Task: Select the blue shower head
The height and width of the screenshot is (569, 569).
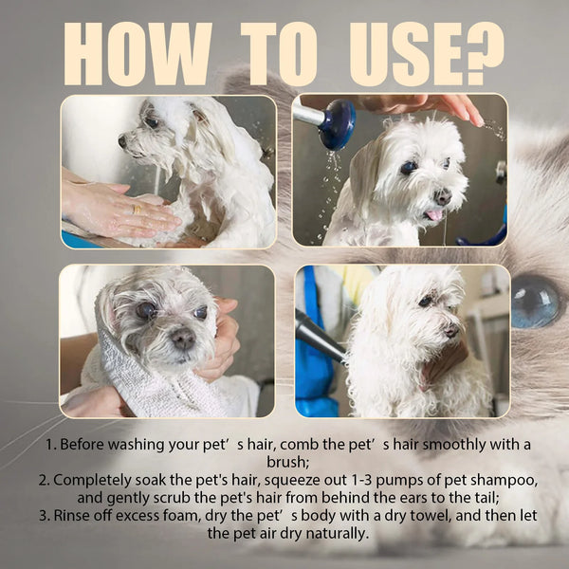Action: (x=337, y=124)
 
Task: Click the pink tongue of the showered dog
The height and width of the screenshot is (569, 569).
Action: (x=433, y=215)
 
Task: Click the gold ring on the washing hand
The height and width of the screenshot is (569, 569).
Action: (x=138, y=209)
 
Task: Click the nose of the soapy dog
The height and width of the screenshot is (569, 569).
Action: (x=122, y=141)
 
